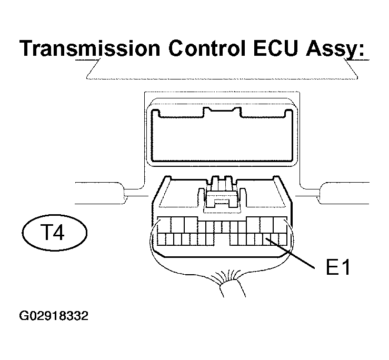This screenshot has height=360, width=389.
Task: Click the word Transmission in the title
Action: [90, 48]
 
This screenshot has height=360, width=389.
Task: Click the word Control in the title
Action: [207, 48]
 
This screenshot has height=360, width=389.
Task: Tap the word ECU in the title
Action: [275, 48]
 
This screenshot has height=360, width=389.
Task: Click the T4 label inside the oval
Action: [54, 232]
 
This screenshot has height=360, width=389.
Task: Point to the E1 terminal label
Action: [337, 267]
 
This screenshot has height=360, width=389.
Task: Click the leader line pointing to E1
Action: [290, 253]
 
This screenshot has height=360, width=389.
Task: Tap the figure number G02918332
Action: [54, 316]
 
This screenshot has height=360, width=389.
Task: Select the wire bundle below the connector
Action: [233, 288]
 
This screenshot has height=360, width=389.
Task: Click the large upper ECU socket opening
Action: [222, 136]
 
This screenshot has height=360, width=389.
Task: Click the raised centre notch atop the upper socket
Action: [222, 112]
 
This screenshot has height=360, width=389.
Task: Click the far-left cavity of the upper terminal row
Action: [164, 225]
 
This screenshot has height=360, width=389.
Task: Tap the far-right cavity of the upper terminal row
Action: [280, 225]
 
